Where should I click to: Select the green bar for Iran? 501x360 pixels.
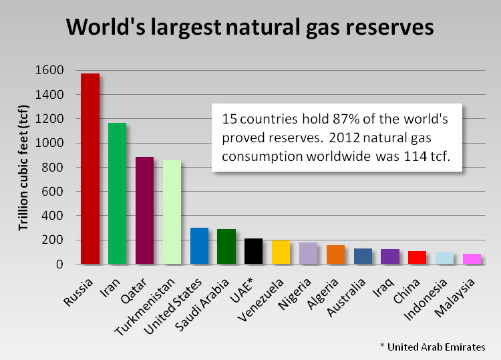click(x=118, y=193)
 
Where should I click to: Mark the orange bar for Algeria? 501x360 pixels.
click(x=335, y=254)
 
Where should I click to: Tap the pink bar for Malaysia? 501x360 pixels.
click(x=472, y=258)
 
